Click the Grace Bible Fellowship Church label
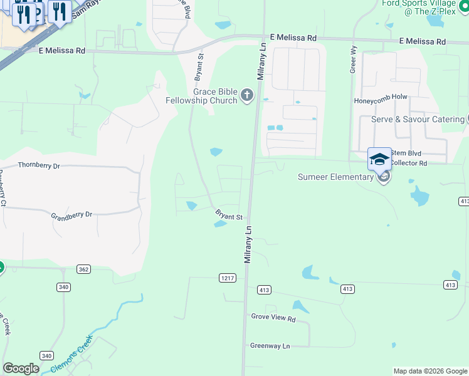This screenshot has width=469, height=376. [201, 96]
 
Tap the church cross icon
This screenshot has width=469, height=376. [247, 95]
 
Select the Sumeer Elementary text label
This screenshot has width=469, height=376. [335, 177]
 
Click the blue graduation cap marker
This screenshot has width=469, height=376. [379, 159]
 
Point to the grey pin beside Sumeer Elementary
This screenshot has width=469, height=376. [384, 177]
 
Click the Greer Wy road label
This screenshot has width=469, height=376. [353, 62]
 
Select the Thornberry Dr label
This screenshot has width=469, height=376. [39, 166]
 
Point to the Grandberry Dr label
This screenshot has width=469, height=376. [71, 214]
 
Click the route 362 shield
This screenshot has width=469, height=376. [83, 269]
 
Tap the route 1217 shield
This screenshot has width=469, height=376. [227, 277]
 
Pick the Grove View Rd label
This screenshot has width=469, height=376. [273, 318]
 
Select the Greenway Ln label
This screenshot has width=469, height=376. [270, 345]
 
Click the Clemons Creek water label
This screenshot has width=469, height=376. [71, 353]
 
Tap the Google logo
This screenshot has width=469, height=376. [21, 368]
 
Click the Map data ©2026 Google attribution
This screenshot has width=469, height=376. [430, 371]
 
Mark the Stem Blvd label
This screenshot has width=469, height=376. [406, 153]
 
